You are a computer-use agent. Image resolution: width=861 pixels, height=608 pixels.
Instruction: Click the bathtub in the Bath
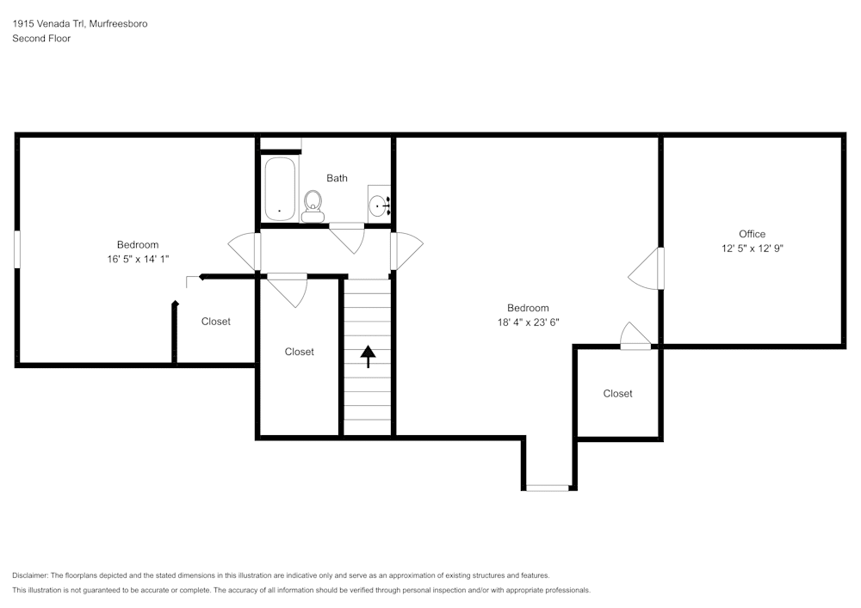(280, 188)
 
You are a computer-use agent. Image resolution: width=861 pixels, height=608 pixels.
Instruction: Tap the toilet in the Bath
(313, 206)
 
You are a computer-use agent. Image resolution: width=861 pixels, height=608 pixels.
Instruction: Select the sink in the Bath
(378, 205)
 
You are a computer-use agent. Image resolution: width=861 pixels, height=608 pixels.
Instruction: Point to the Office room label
(752, 234)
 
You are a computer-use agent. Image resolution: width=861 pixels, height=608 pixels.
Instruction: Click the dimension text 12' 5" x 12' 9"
(752, 248)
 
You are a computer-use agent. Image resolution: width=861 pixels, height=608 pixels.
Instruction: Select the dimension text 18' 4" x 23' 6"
(528, 322)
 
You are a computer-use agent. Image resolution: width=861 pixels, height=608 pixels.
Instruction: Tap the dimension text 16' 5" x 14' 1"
(138, 259)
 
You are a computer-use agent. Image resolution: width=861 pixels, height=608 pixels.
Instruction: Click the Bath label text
(337, 178)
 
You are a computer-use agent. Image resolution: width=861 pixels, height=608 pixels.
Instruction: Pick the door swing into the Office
(646, 269)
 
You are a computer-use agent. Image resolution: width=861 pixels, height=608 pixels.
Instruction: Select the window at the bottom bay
(547, 488)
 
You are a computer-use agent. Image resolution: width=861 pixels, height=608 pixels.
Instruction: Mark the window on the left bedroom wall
(16, 249)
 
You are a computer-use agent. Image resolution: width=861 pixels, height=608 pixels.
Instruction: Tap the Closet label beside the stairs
(299, 352)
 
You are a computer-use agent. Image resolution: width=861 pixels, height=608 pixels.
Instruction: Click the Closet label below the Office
(617, 393)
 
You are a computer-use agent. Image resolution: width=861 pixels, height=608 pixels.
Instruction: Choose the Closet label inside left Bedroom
(215, 322)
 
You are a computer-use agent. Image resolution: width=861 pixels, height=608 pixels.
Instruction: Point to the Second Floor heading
(41, 39)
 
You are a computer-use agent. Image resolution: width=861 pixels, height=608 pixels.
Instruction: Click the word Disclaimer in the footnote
(30, 575)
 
